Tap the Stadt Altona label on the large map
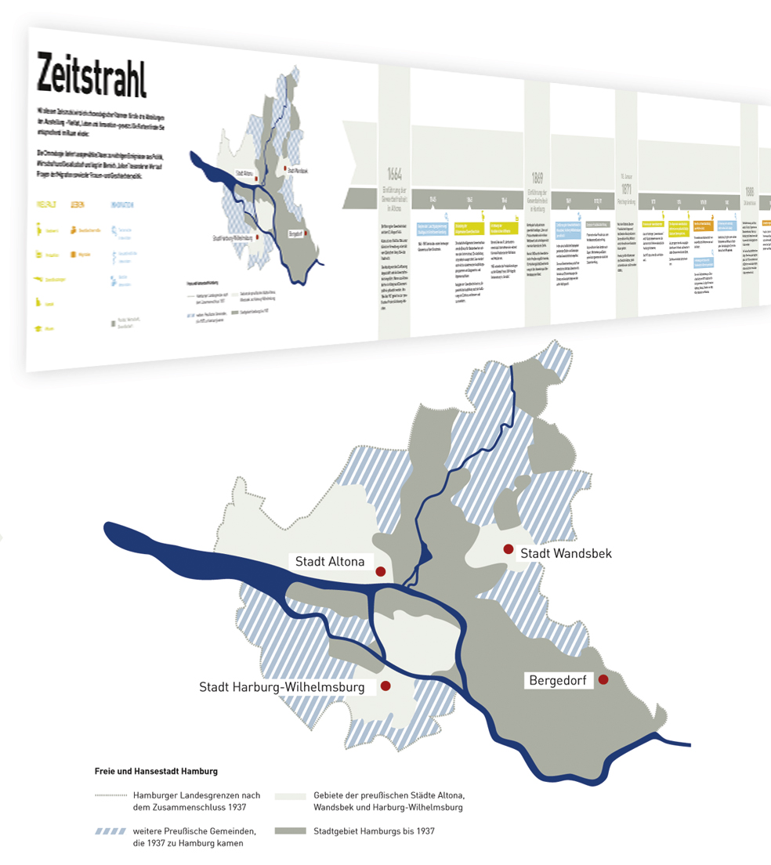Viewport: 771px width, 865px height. [330, 562]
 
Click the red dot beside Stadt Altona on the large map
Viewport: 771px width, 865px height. [381, 572]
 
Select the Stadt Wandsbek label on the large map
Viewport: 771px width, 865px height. [566, 553]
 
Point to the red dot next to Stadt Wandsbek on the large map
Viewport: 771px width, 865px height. [509, 549]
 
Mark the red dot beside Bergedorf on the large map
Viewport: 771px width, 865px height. [603, 680]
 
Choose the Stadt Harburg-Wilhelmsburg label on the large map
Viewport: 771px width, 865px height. [282, 688]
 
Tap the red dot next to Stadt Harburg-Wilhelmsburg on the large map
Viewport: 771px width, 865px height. [385, 686]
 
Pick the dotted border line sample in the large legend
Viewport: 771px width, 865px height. [110, 795]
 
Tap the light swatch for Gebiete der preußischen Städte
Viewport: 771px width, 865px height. [290, 795]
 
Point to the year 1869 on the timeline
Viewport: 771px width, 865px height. [537, 176]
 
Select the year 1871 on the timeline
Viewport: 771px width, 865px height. [627, 189]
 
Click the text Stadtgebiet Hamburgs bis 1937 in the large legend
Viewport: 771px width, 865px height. [374, 831]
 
